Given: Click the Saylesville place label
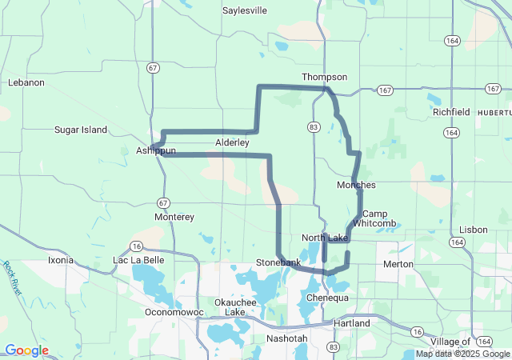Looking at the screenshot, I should click(246, 11).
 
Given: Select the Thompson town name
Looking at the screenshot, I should click(324, 77).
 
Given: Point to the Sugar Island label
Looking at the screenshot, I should click(80, 130).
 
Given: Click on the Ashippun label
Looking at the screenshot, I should click(155, 150).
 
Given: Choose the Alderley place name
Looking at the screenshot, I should click(232, 142).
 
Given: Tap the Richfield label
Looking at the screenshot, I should click(451, 113).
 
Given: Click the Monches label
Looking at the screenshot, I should click(356, 185).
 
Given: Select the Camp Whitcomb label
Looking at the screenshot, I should click(374, 218).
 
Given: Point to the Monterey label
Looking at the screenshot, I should click(174, 217).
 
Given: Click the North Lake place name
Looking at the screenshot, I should click(325, 238).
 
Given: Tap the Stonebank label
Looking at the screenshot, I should click(278, 262).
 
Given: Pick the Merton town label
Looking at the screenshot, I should click(398, 264).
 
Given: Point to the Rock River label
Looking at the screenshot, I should click(11, 278).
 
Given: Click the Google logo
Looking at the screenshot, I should click(26, 350).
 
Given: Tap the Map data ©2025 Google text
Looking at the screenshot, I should click(462, 354).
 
